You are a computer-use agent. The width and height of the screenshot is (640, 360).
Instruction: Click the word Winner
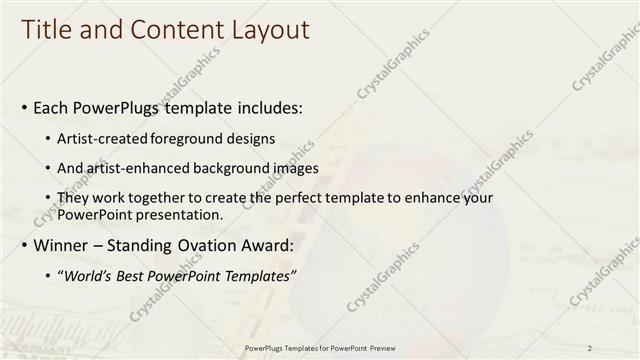click(x=62, y=246)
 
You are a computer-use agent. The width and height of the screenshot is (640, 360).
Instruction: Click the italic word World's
click(x=90, y=276)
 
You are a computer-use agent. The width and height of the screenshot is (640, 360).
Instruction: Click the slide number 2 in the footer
click(x=590, y=347)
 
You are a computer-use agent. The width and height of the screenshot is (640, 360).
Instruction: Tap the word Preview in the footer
click(x=384, y=347)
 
